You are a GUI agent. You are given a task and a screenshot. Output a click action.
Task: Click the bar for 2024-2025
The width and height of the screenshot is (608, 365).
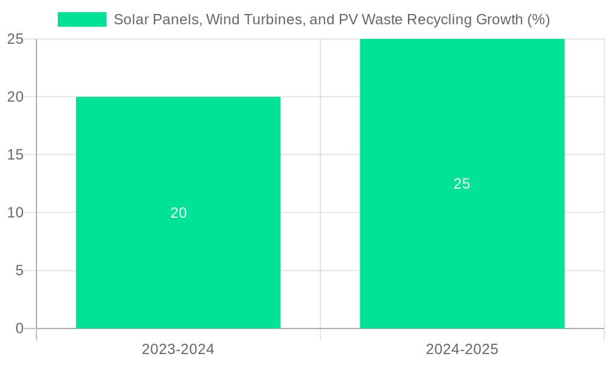[x=462, y=255]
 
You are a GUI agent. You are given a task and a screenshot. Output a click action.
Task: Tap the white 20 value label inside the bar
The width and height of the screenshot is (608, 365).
[x=178, y=213]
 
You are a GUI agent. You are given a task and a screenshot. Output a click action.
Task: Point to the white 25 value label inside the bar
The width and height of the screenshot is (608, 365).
[x=462, y=184]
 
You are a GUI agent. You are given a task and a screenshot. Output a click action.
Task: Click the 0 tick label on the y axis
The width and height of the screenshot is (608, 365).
[x=19, y=328]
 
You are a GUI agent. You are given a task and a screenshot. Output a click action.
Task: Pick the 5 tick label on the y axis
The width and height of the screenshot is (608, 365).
[x=19, y=271]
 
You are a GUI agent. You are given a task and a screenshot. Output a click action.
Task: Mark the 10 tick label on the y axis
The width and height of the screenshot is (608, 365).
[x=15, y=213]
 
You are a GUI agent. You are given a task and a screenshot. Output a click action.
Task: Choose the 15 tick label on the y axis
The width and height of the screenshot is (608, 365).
[x=15, y=155]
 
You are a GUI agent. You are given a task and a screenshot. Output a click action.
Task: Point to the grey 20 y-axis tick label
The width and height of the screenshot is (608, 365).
[x=15, y=97]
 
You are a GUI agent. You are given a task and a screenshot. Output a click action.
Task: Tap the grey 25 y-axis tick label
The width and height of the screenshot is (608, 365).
[x=15, y=39]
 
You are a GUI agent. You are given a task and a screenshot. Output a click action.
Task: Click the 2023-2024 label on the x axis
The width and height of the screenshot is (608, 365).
[x=178, y=349]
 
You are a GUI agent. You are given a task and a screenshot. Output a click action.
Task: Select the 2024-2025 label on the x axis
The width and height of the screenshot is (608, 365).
[x=462, y=349]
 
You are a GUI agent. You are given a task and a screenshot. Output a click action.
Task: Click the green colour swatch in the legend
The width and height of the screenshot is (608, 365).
[x=82, y=19]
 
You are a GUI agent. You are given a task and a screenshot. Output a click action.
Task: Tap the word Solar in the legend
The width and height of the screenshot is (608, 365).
[x=130, y=19]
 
